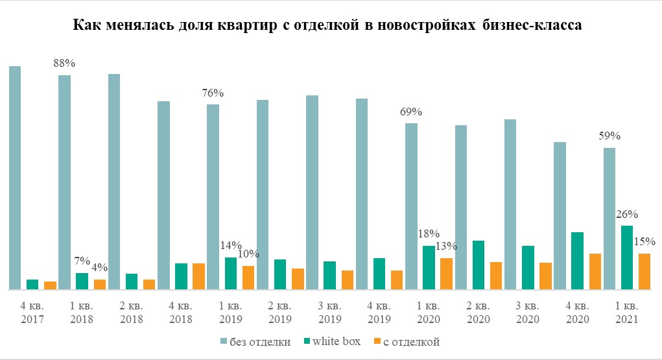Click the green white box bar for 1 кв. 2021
[627, 257]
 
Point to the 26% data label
[627, 214]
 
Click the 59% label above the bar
[610, 136]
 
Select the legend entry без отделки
[254, 341]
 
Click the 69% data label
[411, 112]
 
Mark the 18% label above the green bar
[429, 234]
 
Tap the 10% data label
[247, 254]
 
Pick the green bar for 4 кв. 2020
[578, 260]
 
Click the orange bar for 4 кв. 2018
[198, 276]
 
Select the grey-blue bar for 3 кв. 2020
[510, 204]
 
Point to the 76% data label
[213, 93]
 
